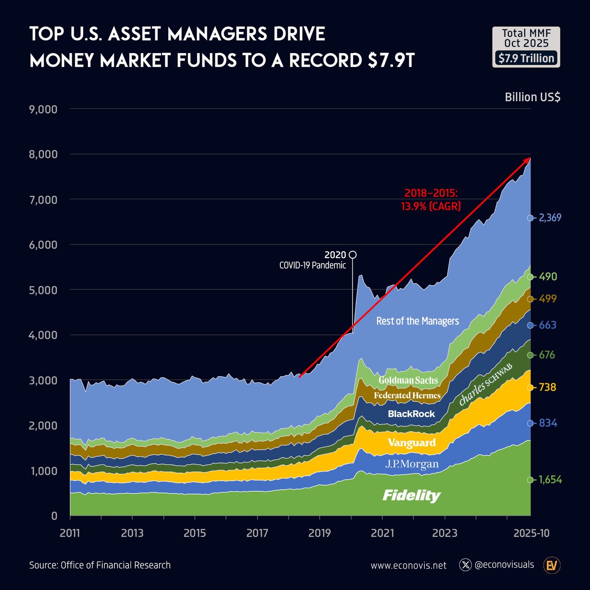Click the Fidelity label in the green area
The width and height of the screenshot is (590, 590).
click(412, 496)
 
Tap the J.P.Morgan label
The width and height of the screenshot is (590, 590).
click(412, 464)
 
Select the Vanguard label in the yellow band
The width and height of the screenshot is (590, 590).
click(412, 442)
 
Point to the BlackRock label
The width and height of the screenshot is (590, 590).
click(412, 414)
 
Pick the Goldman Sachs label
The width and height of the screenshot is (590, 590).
click(408, 380)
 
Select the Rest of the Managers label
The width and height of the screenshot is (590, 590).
click(417, 321)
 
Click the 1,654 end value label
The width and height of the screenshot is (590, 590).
click(550, 480)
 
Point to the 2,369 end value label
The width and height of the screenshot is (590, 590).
click(550, 218)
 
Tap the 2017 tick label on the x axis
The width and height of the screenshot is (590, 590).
click(257, 533)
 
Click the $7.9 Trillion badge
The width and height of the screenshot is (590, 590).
click(526, 59)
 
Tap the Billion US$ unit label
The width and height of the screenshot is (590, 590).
click(532, 97)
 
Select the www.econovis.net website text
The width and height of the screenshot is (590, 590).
click(409, 565)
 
